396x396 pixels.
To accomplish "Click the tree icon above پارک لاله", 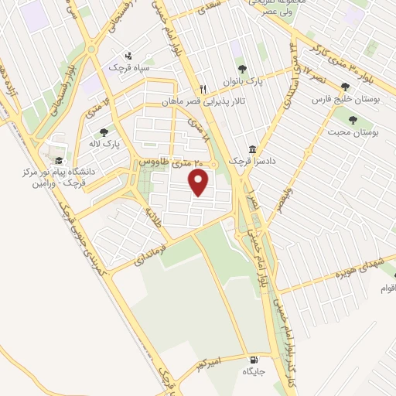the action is [104, 131].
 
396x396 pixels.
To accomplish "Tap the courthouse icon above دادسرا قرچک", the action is [251, 149].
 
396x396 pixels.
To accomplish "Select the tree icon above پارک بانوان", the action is [241, 69].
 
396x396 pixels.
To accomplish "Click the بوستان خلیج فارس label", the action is [343, 99].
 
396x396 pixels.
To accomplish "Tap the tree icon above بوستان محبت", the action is [353, 120].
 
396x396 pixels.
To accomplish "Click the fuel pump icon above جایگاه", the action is [254, 360].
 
